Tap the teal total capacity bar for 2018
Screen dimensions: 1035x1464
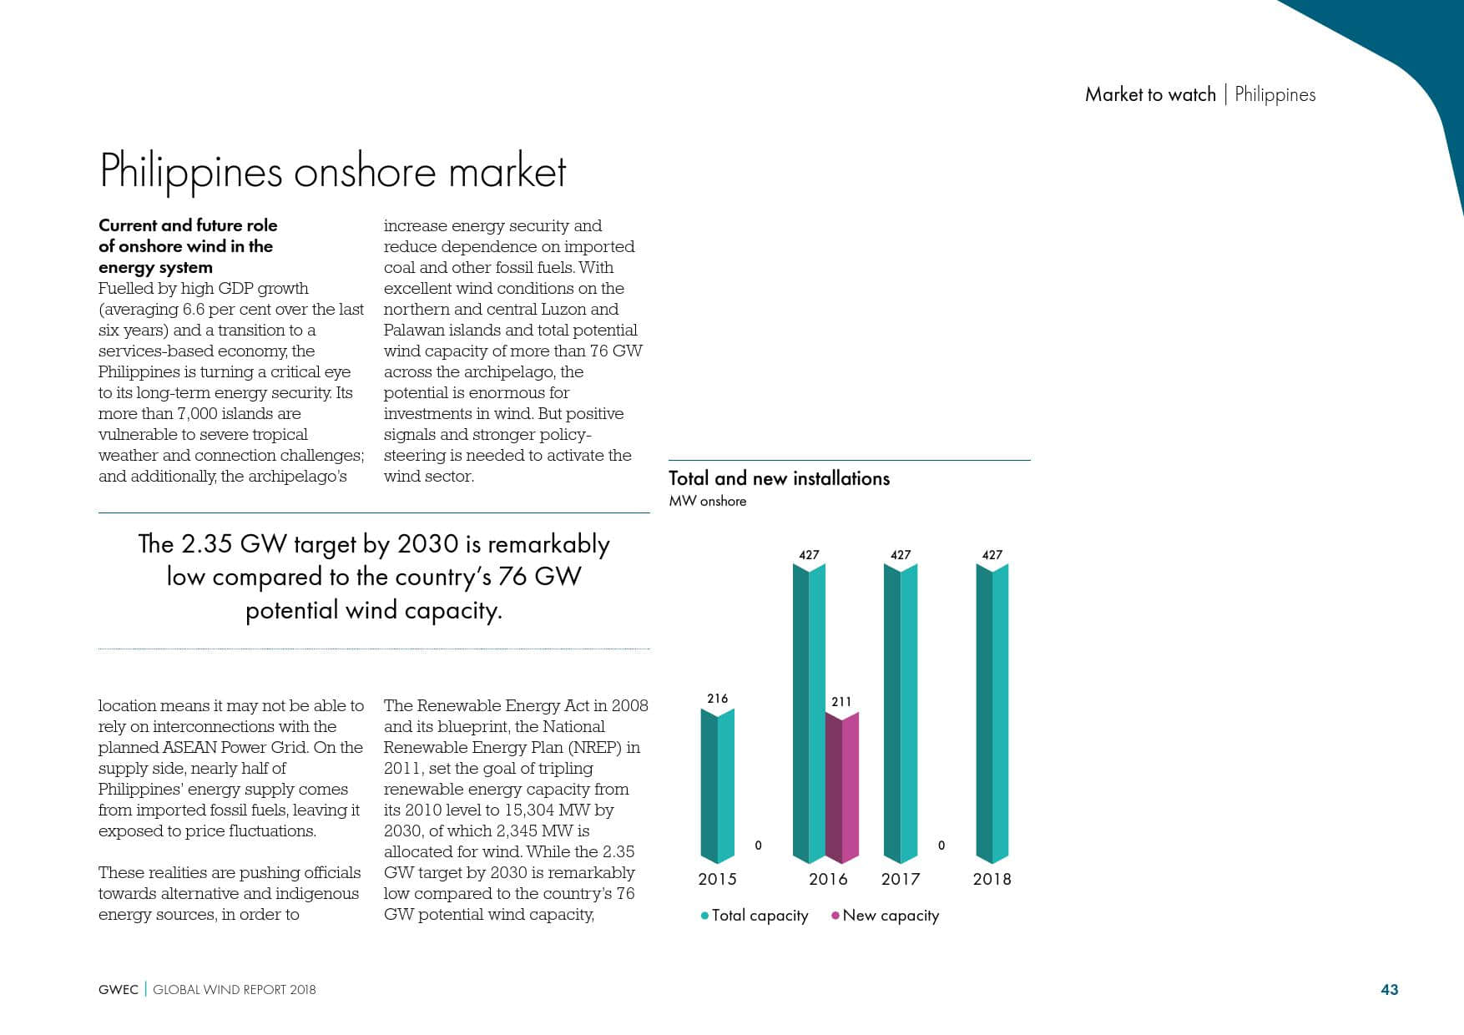992,714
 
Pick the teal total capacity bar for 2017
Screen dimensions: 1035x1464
900,714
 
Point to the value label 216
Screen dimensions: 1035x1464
717,699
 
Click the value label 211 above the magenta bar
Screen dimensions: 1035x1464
841,702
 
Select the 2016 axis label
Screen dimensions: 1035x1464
828,879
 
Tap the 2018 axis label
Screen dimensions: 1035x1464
992,879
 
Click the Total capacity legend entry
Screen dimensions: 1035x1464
755,916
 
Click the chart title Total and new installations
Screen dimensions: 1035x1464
779,478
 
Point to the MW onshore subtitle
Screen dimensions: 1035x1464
708,501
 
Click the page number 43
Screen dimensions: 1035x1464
1389,989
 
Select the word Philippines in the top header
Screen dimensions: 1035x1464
1275,94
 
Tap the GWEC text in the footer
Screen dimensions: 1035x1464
119,990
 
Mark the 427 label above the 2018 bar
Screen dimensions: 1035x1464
992,555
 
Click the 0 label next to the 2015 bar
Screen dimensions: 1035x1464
758,846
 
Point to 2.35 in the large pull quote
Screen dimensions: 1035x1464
206,544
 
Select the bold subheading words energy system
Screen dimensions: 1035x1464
155,267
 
